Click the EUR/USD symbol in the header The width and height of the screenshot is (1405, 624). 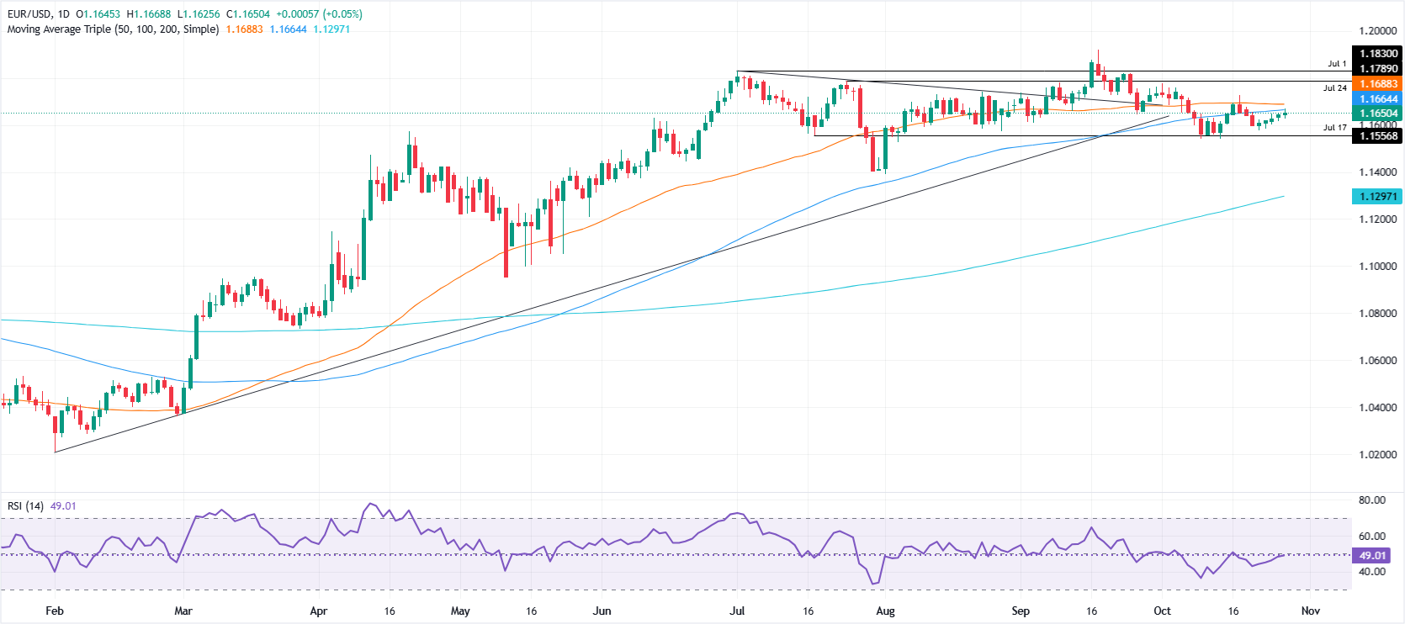(29, 14)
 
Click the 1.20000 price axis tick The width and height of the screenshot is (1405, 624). (1377, 30)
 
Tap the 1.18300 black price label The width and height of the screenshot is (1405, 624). (1378, 53)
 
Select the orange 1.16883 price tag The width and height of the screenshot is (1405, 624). (1378, 83)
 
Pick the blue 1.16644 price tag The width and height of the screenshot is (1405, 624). (1378, 98)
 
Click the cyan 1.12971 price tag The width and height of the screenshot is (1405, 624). (1378, 196)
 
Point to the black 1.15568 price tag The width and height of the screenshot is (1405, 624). (1378, 135)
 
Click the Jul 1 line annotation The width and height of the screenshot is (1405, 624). (1337, 64)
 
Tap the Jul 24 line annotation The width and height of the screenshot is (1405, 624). (1334, 87)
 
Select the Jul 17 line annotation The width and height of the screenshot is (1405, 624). (1334, 128)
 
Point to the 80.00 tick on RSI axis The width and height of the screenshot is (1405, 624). (1371, 500)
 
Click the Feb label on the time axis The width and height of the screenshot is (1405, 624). (55, 611)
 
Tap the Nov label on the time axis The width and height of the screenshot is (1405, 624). (1310, 611)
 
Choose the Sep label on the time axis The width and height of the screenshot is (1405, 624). (1021, 611)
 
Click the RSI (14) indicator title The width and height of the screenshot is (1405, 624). (25, 505)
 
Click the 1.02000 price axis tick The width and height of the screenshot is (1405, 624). (1377, 454)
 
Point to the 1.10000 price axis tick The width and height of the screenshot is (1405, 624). (1377, 266)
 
